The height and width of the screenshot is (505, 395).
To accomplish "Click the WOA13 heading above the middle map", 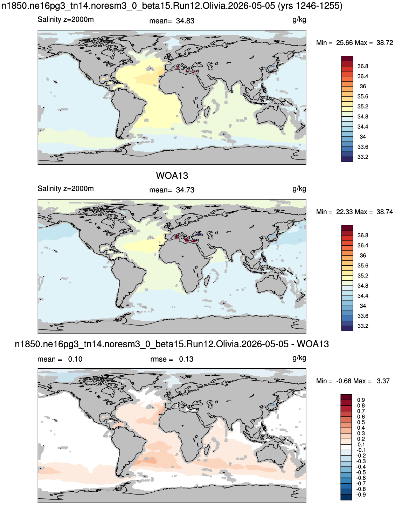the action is pos(172,176).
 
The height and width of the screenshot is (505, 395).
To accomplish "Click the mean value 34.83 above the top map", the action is pos(185,21).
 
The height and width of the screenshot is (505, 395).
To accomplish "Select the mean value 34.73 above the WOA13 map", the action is pos(185,190).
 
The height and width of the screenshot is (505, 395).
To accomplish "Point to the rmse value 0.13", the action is pos(186,359).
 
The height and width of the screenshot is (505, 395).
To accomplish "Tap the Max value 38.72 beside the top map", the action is pos(385,43).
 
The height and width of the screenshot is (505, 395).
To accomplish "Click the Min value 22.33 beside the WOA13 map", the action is pos(345,212).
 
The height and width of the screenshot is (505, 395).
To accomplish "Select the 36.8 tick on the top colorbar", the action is pos(363,66).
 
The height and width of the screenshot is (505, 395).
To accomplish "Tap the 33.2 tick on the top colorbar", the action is pos(363,157).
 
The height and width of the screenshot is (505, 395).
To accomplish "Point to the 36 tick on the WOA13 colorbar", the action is pos(363,255).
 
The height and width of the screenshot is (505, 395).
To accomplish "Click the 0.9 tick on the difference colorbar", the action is pos(361,400).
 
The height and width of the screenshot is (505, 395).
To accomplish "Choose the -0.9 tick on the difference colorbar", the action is pos(361,494).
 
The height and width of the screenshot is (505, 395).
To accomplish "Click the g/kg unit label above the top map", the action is pos(299,20).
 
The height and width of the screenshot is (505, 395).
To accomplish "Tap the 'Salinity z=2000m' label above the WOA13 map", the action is pos(66,189).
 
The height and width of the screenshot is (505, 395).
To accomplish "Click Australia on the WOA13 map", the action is pos(271,287).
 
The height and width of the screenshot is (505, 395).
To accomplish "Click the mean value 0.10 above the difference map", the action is pos(75,359).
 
